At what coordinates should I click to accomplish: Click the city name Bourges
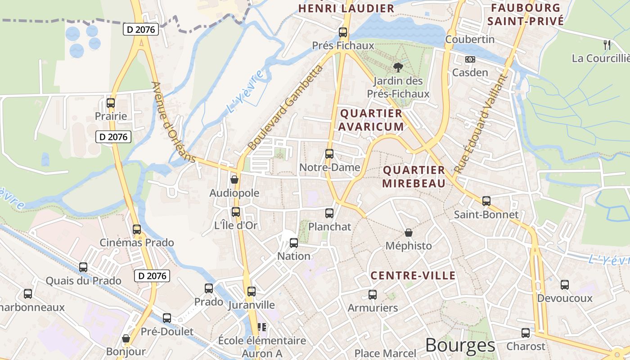click(460, 346)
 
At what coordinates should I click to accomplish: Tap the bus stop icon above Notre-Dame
click(329, 154)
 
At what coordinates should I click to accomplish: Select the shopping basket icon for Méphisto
click(409, 233)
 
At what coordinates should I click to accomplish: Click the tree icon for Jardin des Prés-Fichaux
click(398, 67)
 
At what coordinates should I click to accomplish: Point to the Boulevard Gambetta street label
click(286, 108)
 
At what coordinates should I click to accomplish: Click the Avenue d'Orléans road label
click(174, 122)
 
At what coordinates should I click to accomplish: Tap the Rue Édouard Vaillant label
click(481, 124)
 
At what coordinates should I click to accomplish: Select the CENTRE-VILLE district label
click(413, 275)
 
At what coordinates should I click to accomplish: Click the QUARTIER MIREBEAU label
click(414, 176)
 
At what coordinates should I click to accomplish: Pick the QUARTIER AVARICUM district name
click(371, 120)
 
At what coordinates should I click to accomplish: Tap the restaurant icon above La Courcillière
click(607, 45)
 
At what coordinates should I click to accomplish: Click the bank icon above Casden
click(470, 59)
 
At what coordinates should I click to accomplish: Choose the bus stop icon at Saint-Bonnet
click(486, 201)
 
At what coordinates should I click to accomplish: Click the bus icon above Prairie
click(111, 103)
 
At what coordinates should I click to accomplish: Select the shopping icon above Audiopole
click(234, 180)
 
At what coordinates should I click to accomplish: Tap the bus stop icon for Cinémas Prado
click(137, 229)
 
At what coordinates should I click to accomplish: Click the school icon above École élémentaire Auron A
click(261, 327)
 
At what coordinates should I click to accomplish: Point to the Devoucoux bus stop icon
click(565, 285)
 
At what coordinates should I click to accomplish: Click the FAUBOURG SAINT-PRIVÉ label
click(526, 14)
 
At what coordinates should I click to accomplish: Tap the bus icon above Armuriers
click(373, 295)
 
